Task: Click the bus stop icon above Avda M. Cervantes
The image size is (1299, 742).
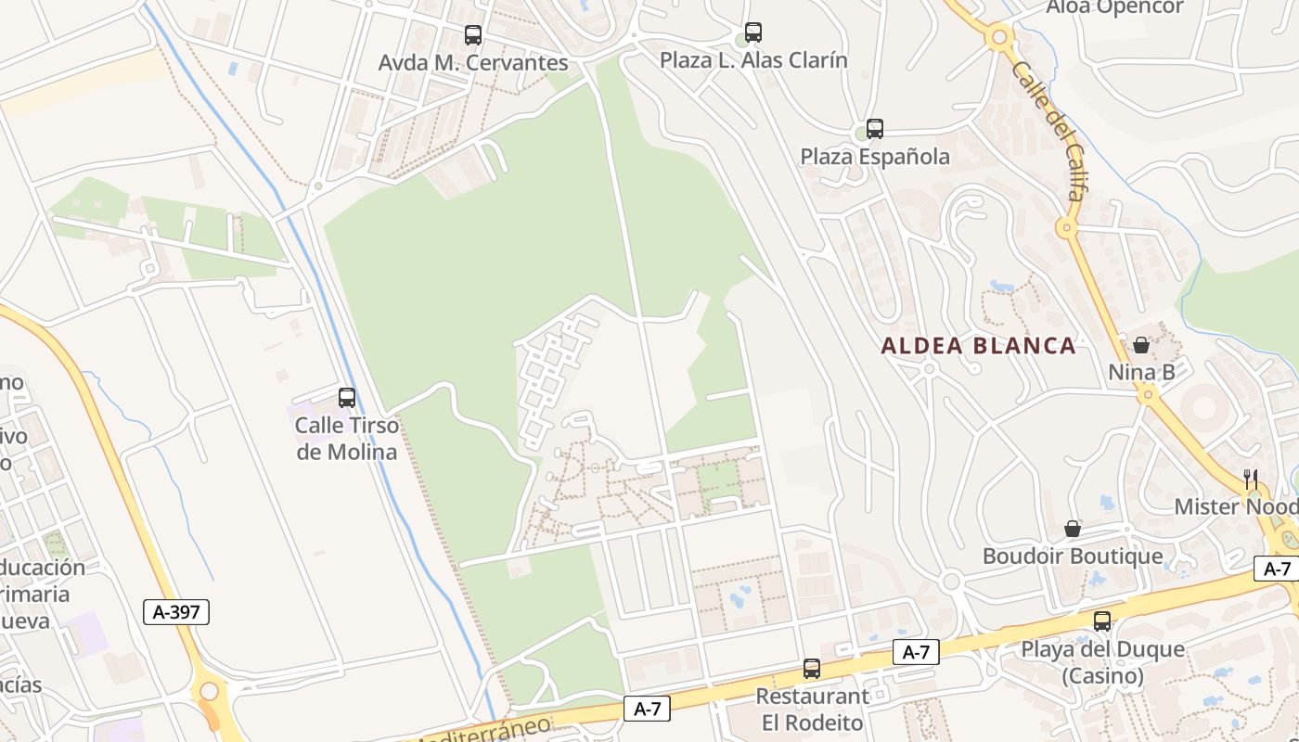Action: (473, 35)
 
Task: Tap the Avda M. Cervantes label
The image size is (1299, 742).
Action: (473, 63)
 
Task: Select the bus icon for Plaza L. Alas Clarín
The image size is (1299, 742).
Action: (753, 32)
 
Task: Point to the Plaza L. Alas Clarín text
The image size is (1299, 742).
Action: (753, 60)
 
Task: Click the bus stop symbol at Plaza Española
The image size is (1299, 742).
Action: (874, 129)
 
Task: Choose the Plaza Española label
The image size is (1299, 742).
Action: (875, 157)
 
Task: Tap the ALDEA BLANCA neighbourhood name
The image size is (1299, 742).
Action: (978, 346)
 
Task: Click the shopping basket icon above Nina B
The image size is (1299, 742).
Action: (1141, 345)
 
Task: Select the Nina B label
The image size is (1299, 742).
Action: (1141, 373)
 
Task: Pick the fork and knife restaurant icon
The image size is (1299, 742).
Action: (1251, 479)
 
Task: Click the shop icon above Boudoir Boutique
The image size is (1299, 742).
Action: (1073, 529)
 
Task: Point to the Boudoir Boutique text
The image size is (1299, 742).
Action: (1073, 556)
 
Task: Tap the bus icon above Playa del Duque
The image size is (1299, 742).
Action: (1102, 621)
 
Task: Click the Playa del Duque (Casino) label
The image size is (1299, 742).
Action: (1102, 662)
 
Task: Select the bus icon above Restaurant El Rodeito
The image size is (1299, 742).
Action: (812, 668)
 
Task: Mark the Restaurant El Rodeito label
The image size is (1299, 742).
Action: (812, 709)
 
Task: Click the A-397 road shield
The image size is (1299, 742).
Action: (176, 611)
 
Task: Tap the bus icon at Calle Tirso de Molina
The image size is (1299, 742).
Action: (347, 398)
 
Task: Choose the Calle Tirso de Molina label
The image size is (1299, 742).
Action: (346, 439)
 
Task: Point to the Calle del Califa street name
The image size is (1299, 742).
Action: (1048, 130)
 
